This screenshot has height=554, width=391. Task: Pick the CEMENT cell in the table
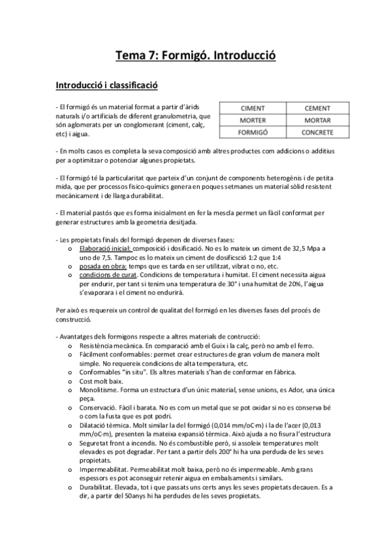pos(317,108)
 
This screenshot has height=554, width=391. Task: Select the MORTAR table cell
pos(317,120)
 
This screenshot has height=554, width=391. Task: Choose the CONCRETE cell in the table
pos(317,133)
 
